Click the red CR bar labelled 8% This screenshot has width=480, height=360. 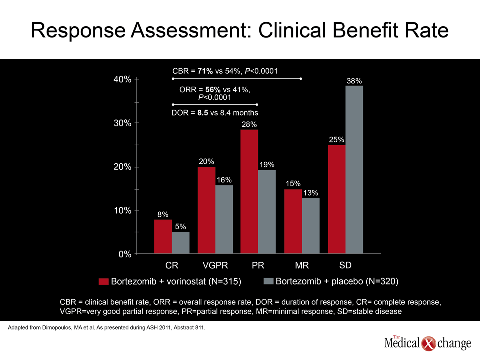tap(163, 236)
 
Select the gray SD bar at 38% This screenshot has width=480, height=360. tap(354, 170)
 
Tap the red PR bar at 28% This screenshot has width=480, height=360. tap(249, 192)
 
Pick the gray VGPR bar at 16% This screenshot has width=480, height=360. tap(224, 219)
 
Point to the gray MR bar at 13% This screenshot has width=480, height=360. tap(311, 226)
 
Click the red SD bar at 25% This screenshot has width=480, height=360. tap(337, 199)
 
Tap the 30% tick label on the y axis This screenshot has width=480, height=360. tap(123, 123)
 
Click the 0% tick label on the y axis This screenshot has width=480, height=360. tap(125, 254)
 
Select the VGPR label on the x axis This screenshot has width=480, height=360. tap(215, 265)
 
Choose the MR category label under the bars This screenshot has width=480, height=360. tap(302, 265)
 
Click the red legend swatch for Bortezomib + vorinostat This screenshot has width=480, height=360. tap(104, 281)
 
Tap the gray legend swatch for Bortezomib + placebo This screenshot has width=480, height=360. tap(268, 281)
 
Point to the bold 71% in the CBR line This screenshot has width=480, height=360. tap(205, 71)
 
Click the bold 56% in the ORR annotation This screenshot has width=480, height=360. tap(213, 90)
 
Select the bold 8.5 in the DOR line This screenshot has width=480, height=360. tap(203, 113)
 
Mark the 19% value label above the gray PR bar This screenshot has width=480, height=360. tap(267, 165)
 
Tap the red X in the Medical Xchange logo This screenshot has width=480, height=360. tap(429, 344)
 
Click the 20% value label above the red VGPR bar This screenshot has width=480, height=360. tap(206, 161)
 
